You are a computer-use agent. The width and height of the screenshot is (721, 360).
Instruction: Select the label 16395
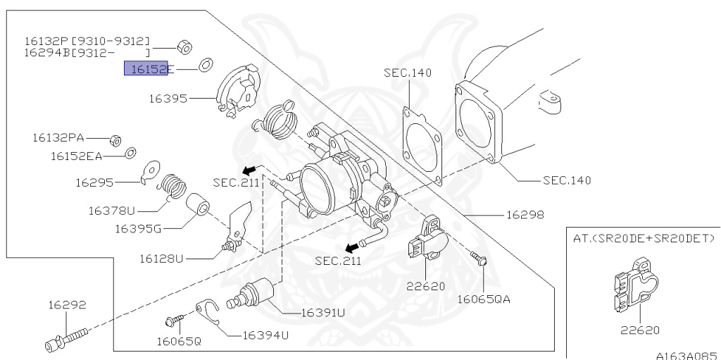(x=168, y=99)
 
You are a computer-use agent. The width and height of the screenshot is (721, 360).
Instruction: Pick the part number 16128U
(x=160, y=259)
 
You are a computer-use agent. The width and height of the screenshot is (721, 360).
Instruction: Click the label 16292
(x=67, y=305)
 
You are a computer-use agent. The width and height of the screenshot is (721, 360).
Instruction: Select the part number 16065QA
(x=484, y=299)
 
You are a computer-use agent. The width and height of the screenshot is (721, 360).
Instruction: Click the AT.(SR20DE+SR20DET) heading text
(x=644, y=239)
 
